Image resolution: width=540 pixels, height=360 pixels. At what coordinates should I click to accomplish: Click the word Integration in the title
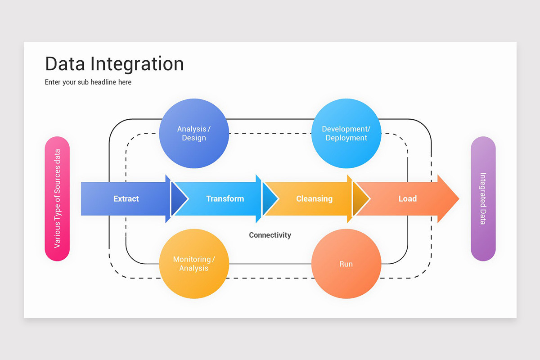(137, 64)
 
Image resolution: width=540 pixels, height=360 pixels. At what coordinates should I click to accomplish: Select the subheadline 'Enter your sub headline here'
(88, 82)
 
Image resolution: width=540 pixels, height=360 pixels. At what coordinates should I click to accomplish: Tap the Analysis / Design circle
(194, 133)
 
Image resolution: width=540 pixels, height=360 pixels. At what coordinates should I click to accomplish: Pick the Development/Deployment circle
(346, 133)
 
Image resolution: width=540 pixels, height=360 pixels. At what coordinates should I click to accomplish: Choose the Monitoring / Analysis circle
(194, 264)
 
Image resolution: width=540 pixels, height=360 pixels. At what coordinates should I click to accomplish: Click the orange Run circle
(346, 264)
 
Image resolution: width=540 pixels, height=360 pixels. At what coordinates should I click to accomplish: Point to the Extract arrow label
(126, 199)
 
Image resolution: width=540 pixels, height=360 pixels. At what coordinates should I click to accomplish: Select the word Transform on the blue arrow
(225, 199)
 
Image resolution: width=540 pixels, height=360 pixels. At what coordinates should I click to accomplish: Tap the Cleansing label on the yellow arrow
(315, 199)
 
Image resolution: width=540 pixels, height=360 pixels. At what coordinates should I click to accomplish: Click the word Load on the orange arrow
(407, 199)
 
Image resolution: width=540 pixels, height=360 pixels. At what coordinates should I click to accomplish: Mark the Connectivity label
(270, 235)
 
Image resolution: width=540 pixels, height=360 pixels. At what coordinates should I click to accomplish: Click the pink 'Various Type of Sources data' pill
(57, 199)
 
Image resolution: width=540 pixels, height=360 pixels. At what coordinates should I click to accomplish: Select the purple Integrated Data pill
(483, 199)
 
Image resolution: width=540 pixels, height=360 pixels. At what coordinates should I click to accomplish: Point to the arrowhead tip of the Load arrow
(459, 199)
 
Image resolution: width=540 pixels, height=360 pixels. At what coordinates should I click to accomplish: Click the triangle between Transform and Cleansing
(270, 199)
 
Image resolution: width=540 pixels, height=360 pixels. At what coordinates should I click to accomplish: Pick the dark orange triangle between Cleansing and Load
(360, 199)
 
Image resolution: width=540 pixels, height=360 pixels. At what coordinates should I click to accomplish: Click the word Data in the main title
(65, 64)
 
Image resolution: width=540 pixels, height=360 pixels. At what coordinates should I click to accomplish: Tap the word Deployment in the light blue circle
(346, 138)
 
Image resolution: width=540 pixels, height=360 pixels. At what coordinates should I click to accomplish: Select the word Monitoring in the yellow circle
(192, 259)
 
